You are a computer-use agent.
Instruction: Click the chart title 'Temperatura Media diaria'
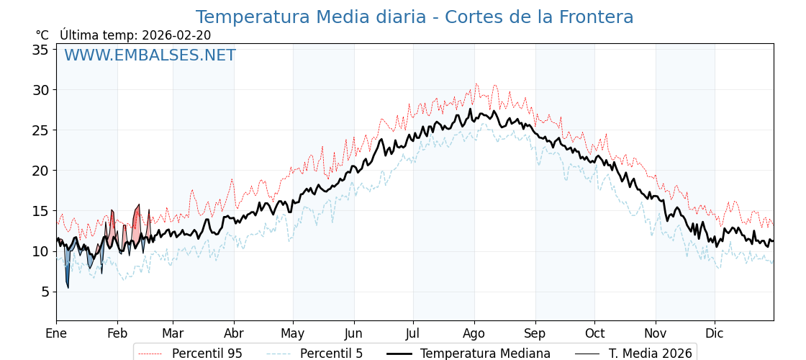[x=415, y=17]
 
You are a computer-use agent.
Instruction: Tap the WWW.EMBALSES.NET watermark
[x=150, y=55]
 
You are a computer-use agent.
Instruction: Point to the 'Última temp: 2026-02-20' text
[x=135, y=35]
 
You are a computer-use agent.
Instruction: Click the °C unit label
[x=42, y=35]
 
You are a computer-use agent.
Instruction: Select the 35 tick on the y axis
[x=40, y=50]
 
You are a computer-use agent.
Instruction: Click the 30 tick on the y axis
[x=40, y=90]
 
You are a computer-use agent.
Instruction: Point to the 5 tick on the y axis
[x=45, y=292]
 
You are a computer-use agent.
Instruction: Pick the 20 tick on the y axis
[x=40, y=171]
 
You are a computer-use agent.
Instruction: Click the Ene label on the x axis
[x=56, y=334]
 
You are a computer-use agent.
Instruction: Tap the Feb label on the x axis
[x=117, y=334]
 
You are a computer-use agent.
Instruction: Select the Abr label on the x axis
[x=234, y=334]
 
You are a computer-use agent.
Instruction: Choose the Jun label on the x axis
[x=353, y=334]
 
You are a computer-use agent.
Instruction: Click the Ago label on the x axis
[x=474, y=334]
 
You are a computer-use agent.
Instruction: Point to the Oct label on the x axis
[x=594, y=334]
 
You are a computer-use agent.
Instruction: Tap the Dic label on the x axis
[x=715, y=334]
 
